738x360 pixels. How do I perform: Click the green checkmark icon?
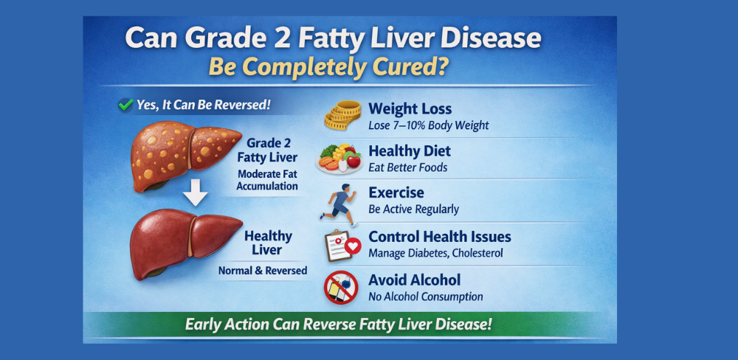(x=125, y=105)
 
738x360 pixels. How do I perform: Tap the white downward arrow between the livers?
(x=195, y=192)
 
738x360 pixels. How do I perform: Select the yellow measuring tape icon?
(x=342, y=115)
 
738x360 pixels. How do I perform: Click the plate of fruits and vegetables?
(x=339, y=159)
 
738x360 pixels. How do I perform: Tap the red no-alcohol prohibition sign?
(x=341, y=287)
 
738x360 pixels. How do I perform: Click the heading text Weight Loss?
(x=410, y=109)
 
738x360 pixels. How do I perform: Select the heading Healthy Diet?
(x=410, y=151)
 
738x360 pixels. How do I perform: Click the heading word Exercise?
(x=396, y=193)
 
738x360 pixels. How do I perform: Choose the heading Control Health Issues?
(x=440, y=236)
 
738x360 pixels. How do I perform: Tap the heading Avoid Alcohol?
(x=415, y=280)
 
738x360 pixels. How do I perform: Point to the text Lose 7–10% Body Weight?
(x=429, y=125)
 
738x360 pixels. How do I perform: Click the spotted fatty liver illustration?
(x=185, y=156)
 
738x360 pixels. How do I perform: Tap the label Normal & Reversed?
(x=263, y=271)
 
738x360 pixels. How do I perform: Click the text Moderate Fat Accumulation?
(x=267, y=180)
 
